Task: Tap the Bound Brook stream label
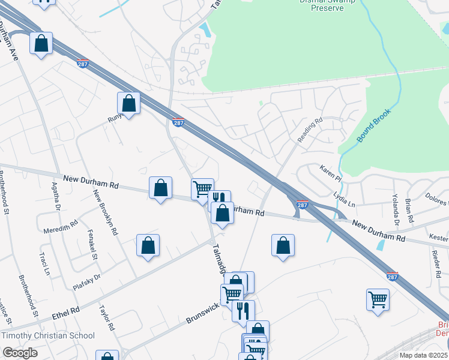[x=374, y=125]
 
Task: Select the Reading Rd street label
[x=310, y=130]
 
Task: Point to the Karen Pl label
[x=330, y=174]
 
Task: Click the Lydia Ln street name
[x=344, y=200]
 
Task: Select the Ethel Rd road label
[x=66, y=311]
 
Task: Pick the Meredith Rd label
[x=61, y=227]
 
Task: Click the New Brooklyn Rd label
[x=105, y=212]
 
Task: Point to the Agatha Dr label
[x=57, y=199]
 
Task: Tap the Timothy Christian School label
[x=48, y=336]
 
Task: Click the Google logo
[x=20, y=352]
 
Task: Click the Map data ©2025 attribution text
[x=424, y=355]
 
